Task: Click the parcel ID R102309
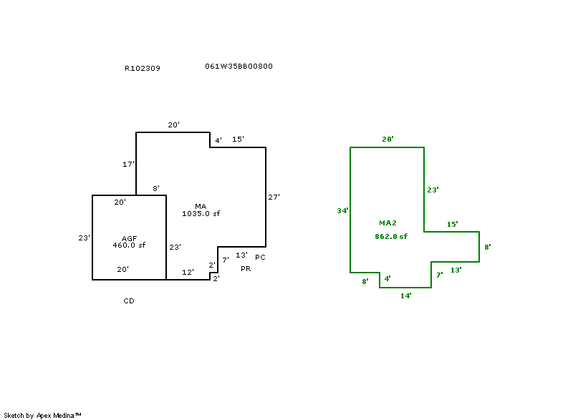coord(142,69)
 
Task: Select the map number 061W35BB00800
coord(239,67)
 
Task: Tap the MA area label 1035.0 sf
coord(201,213)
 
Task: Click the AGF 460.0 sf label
coord(129,245)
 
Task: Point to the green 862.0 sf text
coord(391,236)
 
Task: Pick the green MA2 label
coord(388,223)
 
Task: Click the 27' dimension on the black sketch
coord(274,197)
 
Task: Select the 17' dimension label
coord(128,165)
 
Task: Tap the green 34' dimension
coord(343,211)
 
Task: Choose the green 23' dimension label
coord(433,190)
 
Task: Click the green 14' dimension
coord(405,296)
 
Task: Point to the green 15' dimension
coord(453,225)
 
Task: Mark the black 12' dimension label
coord(188,272)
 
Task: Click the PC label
coord(260,257)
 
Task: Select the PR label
coord(246,268)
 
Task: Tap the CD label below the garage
coord(129,301)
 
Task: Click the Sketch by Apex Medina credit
coord(43,415)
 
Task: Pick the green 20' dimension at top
coord(387,140)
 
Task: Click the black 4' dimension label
coord(218,140)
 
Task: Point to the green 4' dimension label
coord(387,278)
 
